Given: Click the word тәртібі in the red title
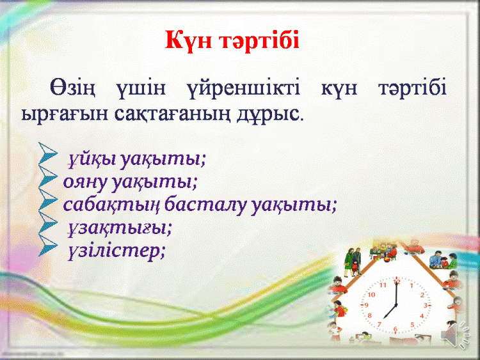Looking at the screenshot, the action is pos(259,40).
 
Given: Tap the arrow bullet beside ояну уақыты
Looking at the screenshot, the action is pos(48,176).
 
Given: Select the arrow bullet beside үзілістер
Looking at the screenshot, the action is pos(48,246).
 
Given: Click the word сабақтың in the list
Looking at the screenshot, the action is pos(111,205).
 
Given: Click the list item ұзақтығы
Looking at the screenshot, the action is pos(120,228).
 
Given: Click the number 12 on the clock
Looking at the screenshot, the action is pos(397,282).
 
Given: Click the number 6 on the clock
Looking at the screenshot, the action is pos(396,329).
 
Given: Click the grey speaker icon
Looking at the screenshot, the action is pos(455,334).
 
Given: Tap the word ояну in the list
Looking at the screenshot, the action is pos(85,182).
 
